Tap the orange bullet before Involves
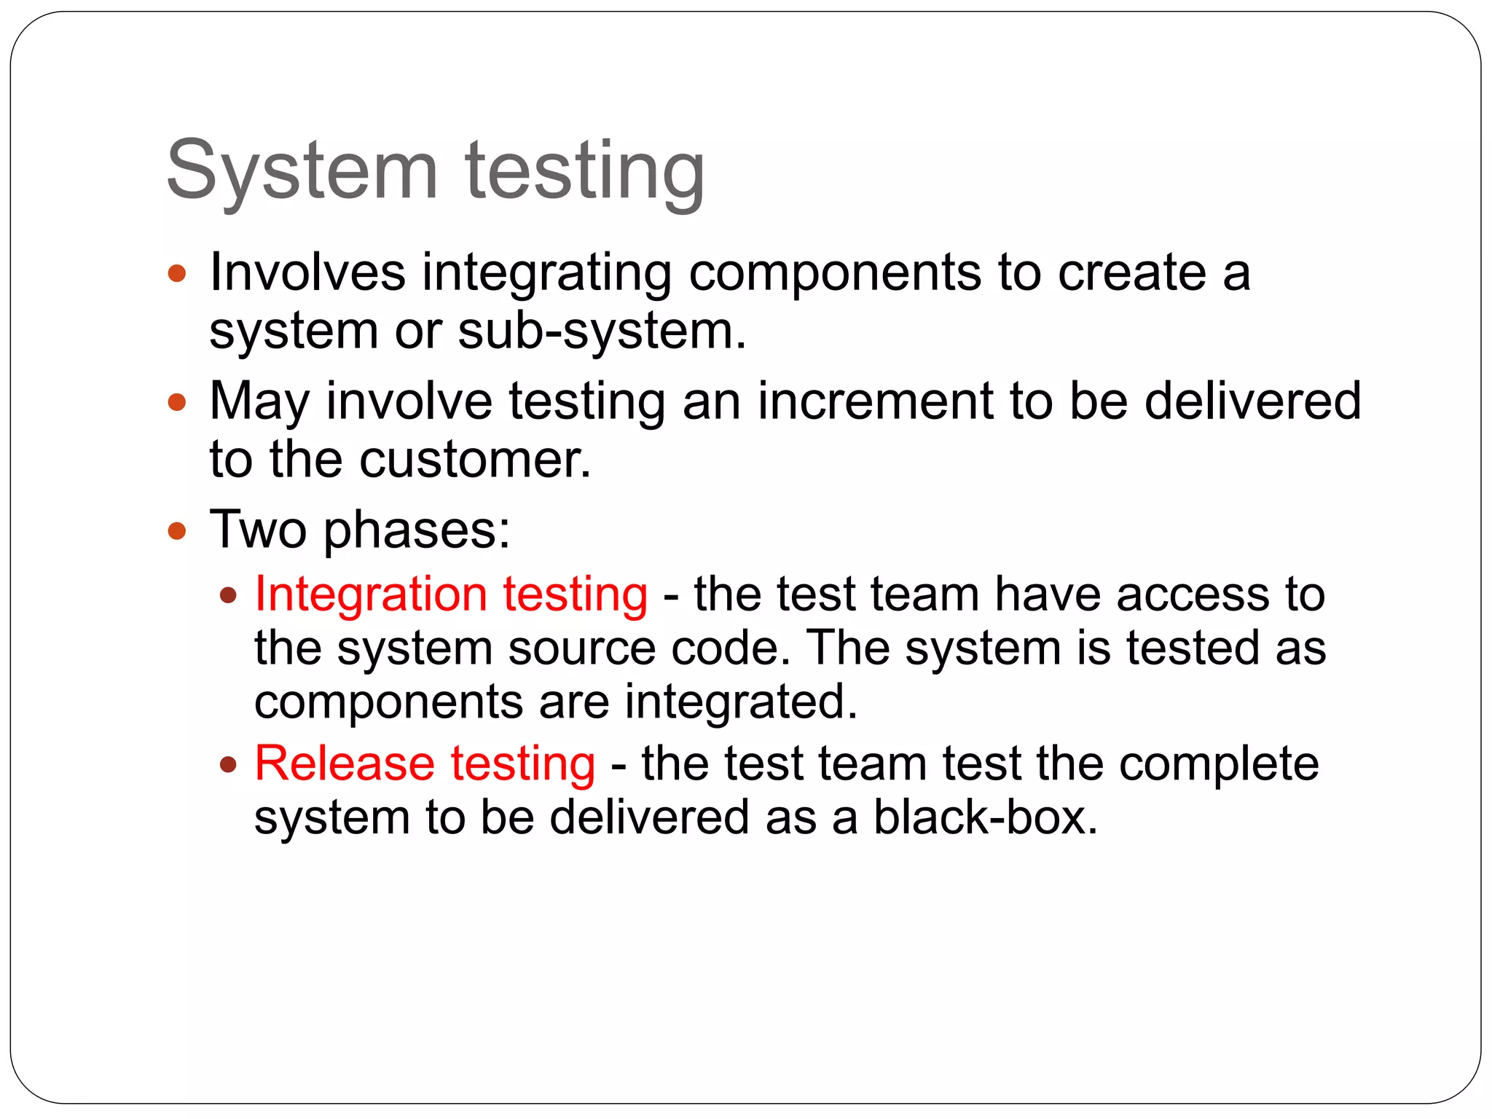pos(177,274)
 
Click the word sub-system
pos(602,331)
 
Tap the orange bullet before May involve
pos(177,402)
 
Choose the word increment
pos(875,401)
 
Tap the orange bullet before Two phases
pos(177,530)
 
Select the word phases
pos(417,530)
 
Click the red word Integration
pos(371,594)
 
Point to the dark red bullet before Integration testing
pos(229,596)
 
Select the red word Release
pos(345,763)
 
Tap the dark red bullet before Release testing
pos(229,765)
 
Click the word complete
pos(1219,765)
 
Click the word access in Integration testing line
pos(1192,594)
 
